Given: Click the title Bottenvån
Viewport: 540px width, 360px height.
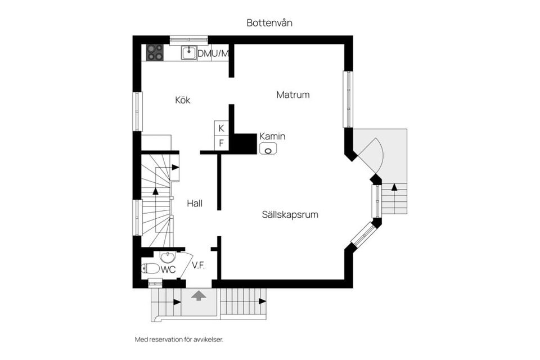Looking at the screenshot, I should coord(269,23).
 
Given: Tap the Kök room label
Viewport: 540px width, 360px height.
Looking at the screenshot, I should coord(183,100).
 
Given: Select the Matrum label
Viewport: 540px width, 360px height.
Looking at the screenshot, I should coord(292,94).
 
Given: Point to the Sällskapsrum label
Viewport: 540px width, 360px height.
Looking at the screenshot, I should coord(286,214).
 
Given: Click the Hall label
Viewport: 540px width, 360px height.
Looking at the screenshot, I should coord(195,204).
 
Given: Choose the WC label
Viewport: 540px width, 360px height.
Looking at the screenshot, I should coord(169,269).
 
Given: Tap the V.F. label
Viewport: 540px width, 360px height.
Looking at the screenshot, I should coord(198,265).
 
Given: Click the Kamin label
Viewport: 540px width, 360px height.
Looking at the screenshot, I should coord(272,136).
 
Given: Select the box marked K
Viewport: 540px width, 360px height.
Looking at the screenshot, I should coord(221,128).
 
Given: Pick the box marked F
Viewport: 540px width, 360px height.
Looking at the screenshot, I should coord(221,143).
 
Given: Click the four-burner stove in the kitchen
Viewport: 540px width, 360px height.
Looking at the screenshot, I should coord(155,52).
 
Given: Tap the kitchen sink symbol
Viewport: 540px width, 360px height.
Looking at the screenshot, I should coord(189,53).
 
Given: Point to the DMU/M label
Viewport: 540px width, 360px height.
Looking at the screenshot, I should coord(213,53).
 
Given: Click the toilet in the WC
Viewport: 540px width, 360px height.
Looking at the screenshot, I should coord(151,269).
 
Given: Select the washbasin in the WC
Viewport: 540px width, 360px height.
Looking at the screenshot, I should coord(167,258).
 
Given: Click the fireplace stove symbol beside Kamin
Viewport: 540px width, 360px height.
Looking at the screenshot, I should coord(268,149).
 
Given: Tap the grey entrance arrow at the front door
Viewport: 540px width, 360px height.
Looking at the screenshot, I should coord(198,295).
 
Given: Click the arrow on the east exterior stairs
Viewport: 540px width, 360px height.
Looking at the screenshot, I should coord(394,187).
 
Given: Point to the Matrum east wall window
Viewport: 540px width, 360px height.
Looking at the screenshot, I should coord(348,99).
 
